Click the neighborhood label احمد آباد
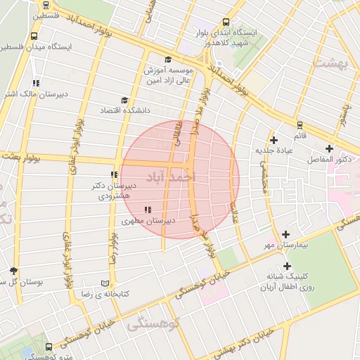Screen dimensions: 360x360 click(x=168, y=178)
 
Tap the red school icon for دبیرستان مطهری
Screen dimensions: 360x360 click(x=147, y=210)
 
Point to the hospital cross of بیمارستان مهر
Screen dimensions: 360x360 click(x=285, y=234)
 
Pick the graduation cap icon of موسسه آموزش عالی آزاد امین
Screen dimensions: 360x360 click(x=167, y=59)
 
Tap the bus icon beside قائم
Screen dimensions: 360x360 click(x=300, y=124)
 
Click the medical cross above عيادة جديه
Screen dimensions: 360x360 click(x=274, y=140)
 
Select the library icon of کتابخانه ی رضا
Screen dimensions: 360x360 click(x=105, y=282)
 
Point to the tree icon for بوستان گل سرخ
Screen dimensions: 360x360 click(x=13, y=271)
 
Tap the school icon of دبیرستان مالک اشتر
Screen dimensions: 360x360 click(x=36, y=83)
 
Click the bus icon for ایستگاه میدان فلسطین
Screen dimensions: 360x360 click(x=34, y=37)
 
